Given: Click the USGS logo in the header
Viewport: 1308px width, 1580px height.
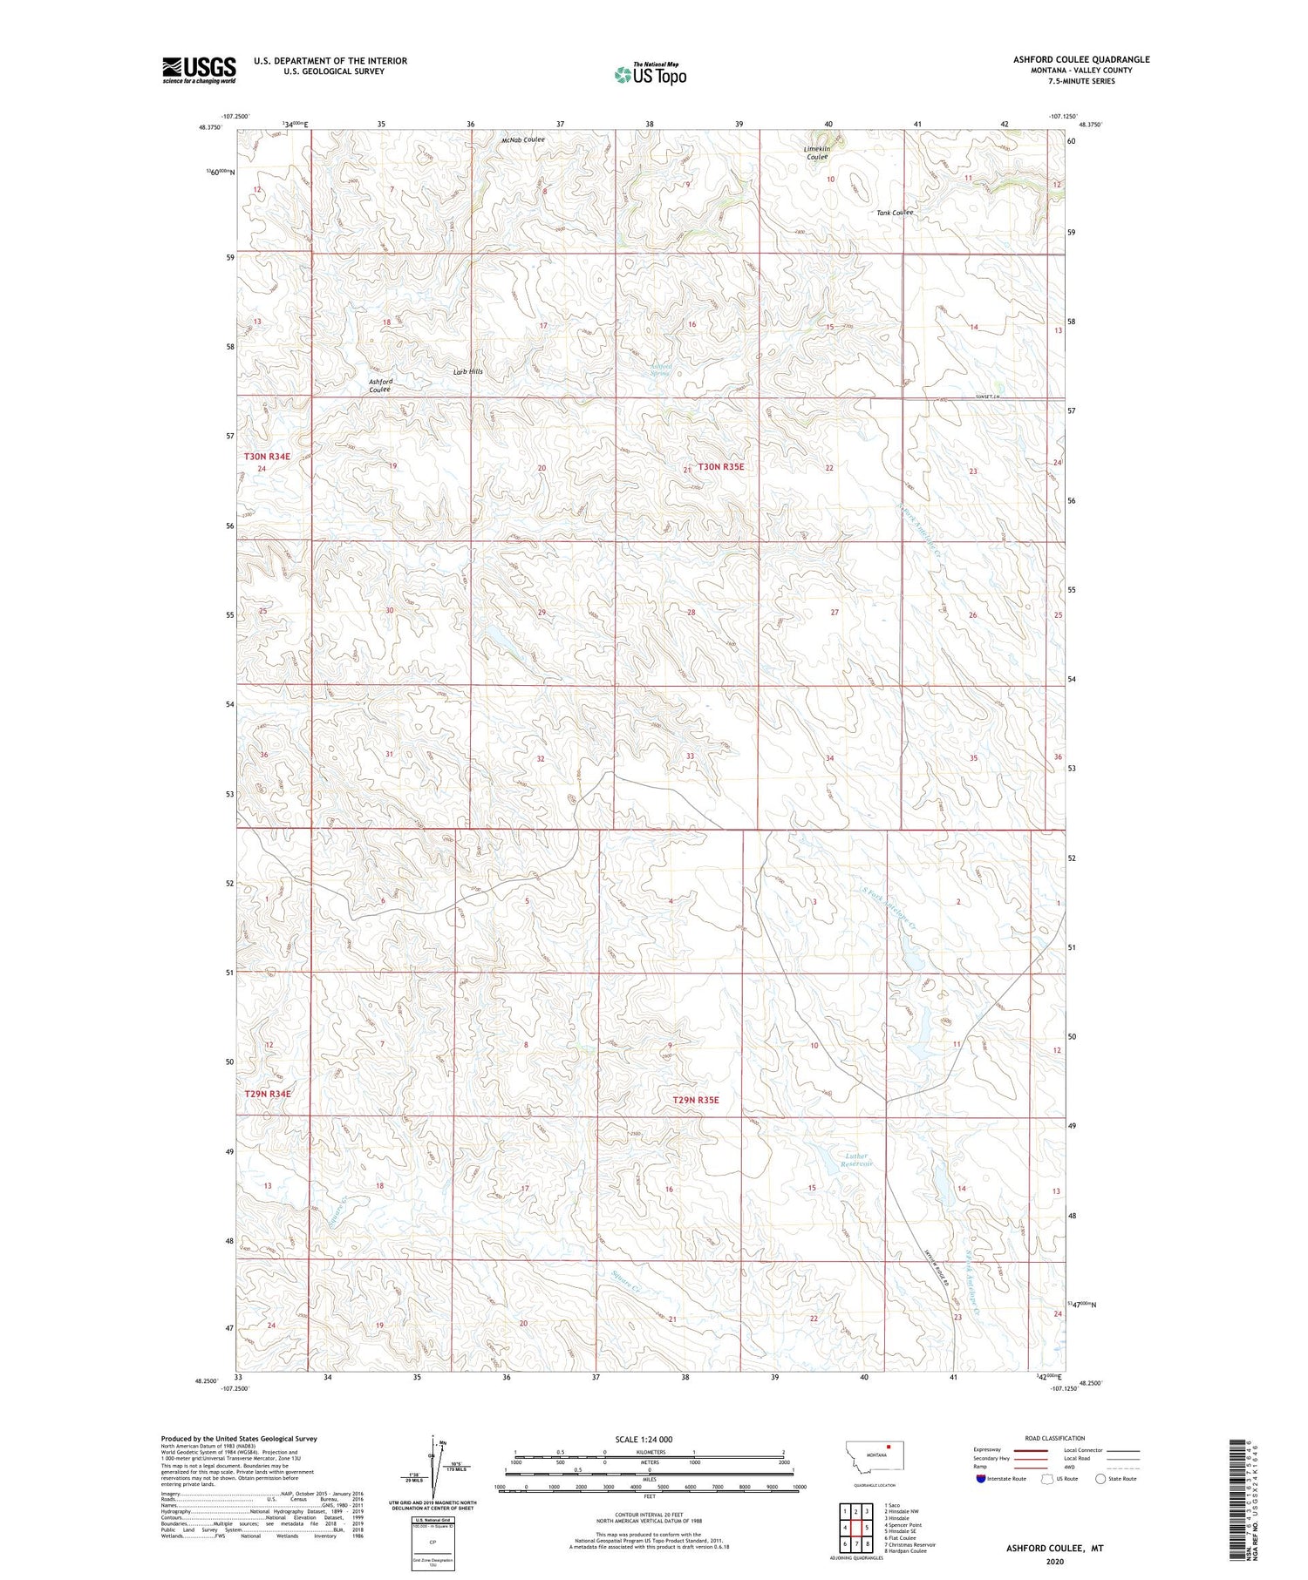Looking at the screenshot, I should tap(199, 70).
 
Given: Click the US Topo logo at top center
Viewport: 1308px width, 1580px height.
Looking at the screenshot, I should tap(650, 74).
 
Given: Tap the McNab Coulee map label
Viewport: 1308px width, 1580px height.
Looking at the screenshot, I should tap(523, 139).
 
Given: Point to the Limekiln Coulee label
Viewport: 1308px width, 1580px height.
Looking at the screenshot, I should tap(816, 153).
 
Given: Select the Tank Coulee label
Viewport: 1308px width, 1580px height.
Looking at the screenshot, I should tap(895, 213).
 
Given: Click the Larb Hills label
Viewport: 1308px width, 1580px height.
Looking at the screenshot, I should tap(467, 372).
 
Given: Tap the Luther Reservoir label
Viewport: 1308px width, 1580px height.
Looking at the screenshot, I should tap(858, 1160).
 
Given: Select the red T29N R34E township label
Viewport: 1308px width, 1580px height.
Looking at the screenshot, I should tap(267, 1093).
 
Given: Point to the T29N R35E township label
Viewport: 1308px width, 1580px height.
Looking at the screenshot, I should tap(696, 1100).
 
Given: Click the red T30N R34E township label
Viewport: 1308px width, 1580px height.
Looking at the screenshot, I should tap(267, 456).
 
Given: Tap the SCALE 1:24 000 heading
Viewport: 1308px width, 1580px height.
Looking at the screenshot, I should tap(644, 1439).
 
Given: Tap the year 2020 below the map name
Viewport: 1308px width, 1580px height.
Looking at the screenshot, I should tap(1054, 1563).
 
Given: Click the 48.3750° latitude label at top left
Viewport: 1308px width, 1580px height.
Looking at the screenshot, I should tap(210, 126).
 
